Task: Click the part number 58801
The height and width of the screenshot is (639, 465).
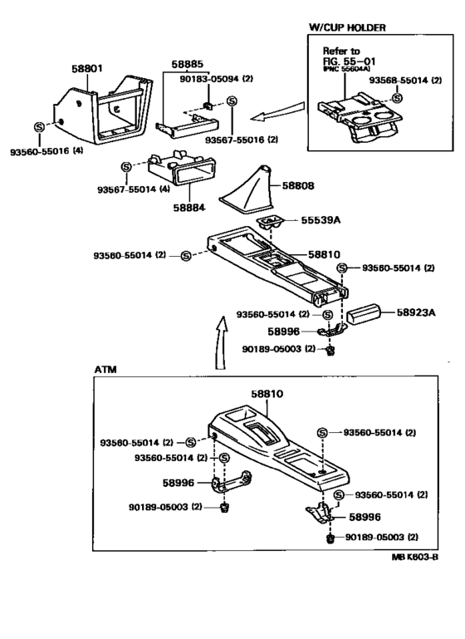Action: point(87,68)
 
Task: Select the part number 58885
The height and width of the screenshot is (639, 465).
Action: point(187,64)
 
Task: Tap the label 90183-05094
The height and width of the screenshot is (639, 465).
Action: point(209,78)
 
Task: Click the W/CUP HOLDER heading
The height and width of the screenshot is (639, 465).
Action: point(347,27)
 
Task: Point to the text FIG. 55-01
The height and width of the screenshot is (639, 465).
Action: point(349,61)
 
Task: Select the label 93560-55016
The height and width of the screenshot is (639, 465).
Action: point(40,151)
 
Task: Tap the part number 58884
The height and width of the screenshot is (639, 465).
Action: point(189,208)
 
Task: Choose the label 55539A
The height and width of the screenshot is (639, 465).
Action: point(321,220)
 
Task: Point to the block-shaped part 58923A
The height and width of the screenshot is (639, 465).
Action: point(363,316)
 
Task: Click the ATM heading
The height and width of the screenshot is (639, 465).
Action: point(105,369)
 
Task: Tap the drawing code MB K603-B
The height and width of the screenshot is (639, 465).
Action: point(415,557)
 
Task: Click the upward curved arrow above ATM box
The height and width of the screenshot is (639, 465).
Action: point(220,342)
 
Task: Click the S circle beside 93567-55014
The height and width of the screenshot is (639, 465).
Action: point(126,167)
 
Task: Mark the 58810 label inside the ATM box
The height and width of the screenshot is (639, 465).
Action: point(267,394)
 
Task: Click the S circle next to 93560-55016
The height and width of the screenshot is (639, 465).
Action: point(40,127)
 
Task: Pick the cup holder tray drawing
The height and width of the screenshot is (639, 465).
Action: point(360,118)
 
